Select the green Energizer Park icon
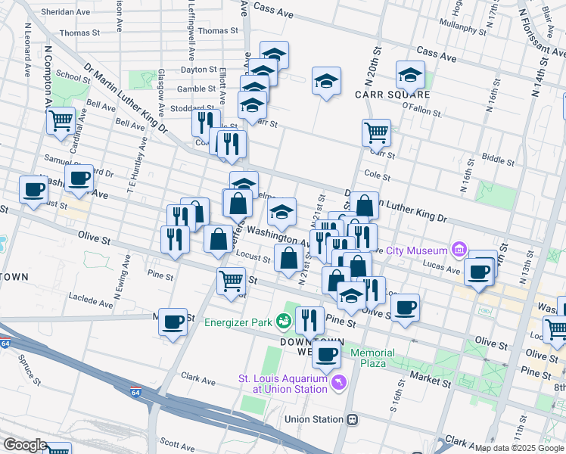284,322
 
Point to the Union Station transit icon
352,419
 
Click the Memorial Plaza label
372,358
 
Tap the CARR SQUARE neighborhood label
393,95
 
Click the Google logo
25,445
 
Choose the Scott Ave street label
179,446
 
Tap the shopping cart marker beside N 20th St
376,133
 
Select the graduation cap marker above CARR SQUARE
409,75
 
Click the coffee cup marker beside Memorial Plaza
327,354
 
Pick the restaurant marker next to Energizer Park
309,321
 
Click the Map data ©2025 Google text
518,448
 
